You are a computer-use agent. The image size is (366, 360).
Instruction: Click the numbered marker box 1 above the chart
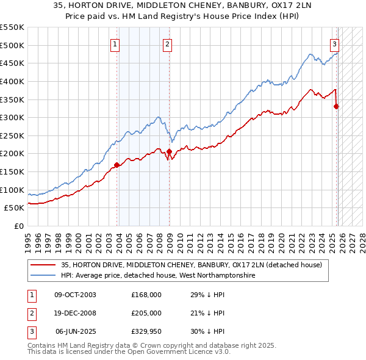[x=115, y=43]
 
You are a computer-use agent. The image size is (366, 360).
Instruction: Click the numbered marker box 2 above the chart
[x=167, y=43]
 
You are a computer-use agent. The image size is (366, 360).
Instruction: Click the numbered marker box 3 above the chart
[x=335, y=43]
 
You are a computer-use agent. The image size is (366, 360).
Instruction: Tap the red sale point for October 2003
[x=117, y=165]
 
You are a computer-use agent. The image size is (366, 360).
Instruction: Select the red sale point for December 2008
[x=169, y=151]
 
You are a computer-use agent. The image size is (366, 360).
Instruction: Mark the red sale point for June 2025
[x=336, y=106]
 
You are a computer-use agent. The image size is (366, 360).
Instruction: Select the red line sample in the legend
[x=43, y=265]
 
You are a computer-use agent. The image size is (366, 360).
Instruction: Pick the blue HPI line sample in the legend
[x=43, y=276]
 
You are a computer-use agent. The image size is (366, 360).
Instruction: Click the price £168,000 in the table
[x=146, y=295]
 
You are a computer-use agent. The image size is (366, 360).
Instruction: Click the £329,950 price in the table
[x=146, y=331]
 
